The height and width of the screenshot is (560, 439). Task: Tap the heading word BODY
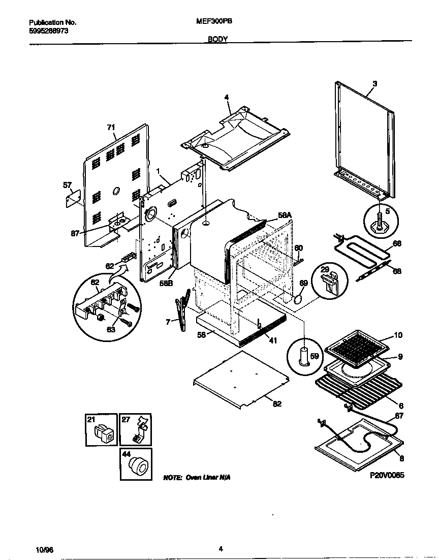[217, 39]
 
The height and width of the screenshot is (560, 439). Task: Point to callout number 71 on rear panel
[111, 128]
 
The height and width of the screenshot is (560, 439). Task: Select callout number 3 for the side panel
[374, 83]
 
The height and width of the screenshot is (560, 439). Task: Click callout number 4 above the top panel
[227, 97]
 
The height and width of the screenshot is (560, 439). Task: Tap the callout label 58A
[285, 215]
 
